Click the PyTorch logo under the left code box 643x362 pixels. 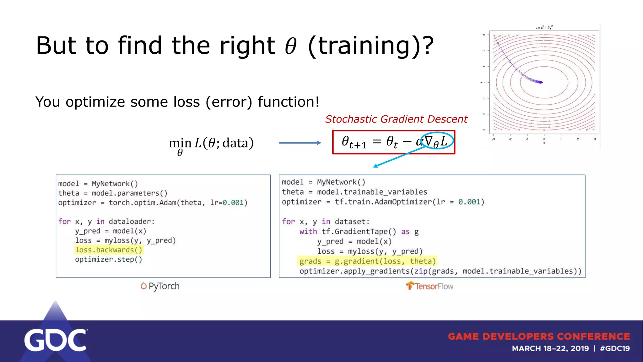click(160, 286)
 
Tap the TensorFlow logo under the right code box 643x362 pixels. click(430, 286)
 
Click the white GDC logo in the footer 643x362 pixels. click(56, 340)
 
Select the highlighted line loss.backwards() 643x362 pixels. click(109, 250)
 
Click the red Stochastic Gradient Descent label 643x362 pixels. click(396, 119)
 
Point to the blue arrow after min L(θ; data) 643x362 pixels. click(300, 143)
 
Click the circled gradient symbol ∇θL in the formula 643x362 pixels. click(437, 141)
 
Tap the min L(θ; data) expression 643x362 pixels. click(211, 144)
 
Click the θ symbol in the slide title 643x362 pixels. click(291, 46)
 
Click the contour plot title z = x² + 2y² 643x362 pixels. click(544, 28)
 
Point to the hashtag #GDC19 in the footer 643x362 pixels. click(615, 348)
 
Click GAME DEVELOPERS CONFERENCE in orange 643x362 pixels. click(539, 337)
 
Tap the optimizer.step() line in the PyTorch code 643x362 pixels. click(108, 259)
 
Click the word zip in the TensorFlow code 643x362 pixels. click(421, 271)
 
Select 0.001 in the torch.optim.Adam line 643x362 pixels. click(233, 203)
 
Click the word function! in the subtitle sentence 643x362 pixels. click(289, 102)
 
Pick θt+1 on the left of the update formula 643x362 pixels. click(354, 142)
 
